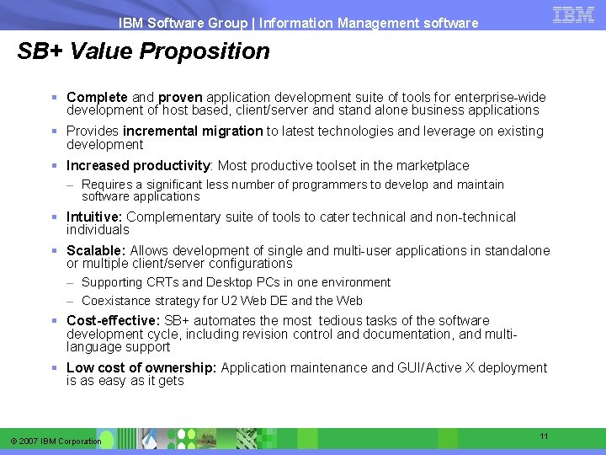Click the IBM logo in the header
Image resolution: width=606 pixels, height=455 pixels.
point(573,14)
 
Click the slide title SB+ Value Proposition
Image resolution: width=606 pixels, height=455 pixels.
point(144,51)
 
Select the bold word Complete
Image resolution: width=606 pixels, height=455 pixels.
point(97,98)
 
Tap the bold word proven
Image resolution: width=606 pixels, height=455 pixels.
point(180,98)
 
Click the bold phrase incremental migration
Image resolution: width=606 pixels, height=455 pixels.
point(193,131)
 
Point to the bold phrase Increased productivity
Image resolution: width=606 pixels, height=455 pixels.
point(138,166)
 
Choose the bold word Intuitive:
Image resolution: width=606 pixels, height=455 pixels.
point(94,217)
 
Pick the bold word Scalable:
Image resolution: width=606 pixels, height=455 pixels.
point(96,251)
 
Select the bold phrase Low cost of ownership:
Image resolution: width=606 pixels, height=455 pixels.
point(141,368)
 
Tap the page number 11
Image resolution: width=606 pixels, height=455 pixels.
point(544,436)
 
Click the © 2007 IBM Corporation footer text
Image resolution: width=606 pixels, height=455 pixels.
point(56,442)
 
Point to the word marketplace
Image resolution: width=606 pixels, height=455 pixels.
point(428,166)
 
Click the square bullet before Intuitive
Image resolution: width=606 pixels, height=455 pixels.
point(54,217)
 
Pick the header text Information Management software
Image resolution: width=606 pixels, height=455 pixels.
point(369,24)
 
